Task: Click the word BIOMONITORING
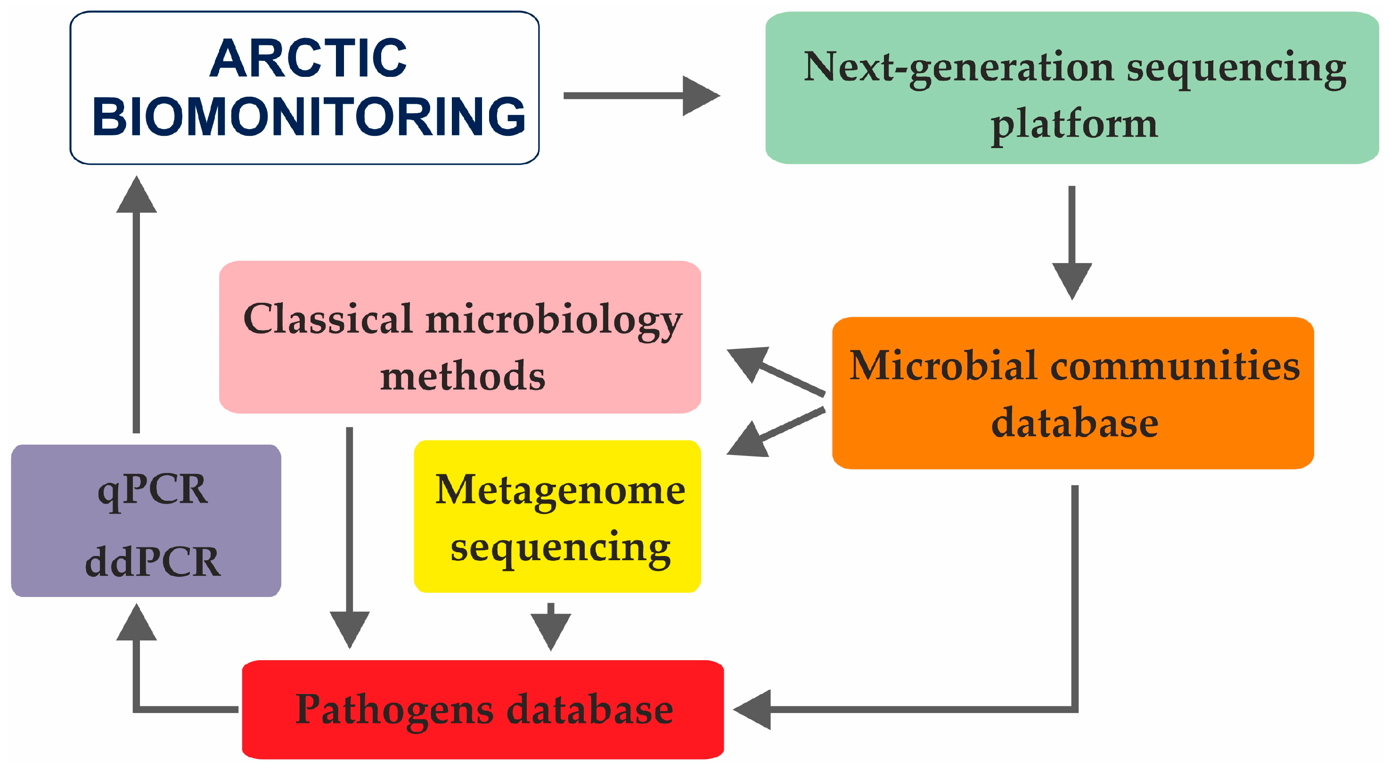pyautogui.click(x=309, y=116)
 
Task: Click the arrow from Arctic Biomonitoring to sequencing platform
pyautogui.click(x=642, y=96)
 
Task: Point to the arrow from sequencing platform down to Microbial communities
pyautogui.click(x=1072, y=243)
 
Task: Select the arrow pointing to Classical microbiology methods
pyautogui.click(x=776, y=372)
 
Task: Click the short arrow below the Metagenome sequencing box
pyautogui.click(x=551, y=627)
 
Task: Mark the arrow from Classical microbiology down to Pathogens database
pyautogui.click(x=350, y=538)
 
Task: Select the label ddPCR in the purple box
pyautogui.click(x=153, y=562)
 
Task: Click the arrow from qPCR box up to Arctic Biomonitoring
pyautogui.click(x=137, y=304)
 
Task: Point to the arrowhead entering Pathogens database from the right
pyautogui.click(x=752, y=709)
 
